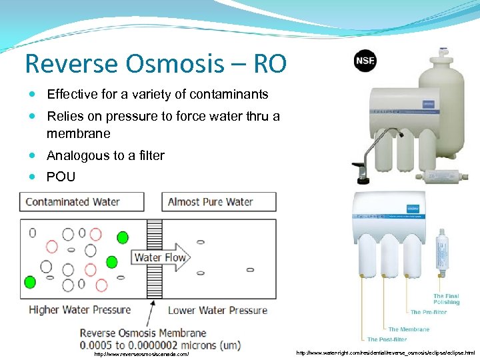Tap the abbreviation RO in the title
pos(269,64)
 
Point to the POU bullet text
pos(61,177)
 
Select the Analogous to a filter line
pos(105,155)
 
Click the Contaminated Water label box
pos(82,202)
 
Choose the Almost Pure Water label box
pos(219,202)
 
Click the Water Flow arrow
pos(162,257)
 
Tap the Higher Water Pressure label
pos(79,309)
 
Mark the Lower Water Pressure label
pos(217,310)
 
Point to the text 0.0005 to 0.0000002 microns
pos(160,345)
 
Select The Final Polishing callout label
pos(446,299)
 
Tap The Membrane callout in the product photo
pos(409,329)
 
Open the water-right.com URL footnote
pos(385,352)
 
